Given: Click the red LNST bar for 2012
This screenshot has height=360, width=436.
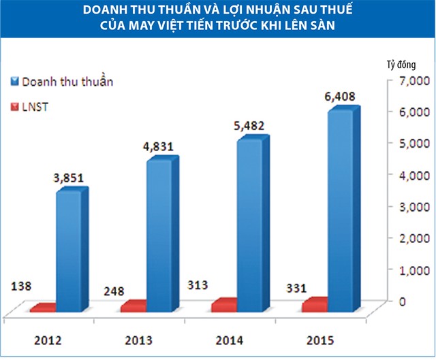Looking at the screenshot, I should coord(44,308).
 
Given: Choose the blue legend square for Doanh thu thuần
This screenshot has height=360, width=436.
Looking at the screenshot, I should coord(14,82).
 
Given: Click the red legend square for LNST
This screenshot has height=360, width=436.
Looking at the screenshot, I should coord(14,107).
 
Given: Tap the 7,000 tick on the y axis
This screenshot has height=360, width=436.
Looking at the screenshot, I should coord(411,81).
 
